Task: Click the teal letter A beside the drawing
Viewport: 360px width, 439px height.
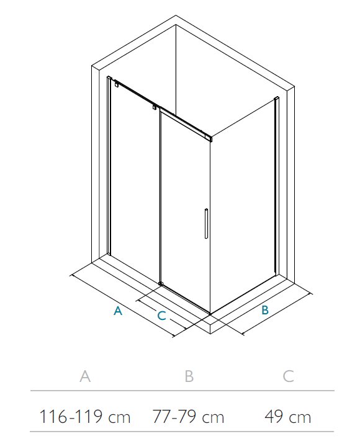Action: click(x=118, y=311)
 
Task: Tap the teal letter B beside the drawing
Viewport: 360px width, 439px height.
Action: click(x=265, y=310)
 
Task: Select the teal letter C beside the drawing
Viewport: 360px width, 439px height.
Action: click(x=161, y=316)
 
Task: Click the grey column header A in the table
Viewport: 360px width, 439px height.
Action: click(x=85, y=376)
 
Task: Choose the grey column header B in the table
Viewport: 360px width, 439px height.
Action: click(x=189, y=376)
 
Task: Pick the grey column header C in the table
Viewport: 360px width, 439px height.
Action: click(x=288, y=376)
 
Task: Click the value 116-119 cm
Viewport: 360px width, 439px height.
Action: click(x=85, y=417)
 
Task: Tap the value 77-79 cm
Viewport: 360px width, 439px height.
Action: click(x=188, y=417)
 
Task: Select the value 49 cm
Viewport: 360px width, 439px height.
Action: click(x=288, y=417)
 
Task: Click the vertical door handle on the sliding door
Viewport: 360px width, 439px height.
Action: click(x=206, y=223)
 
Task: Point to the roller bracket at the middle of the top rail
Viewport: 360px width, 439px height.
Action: click(x=154, y=108)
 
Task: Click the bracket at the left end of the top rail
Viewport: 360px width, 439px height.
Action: click(x=116, y=84)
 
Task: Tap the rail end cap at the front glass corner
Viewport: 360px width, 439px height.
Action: click(x=209, y=138)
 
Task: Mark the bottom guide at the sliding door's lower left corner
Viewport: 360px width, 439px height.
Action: click(x=161, y=283)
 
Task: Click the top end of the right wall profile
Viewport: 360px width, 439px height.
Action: click(x=276, y=98)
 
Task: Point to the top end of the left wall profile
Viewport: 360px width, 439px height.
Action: click(x=109, y=78)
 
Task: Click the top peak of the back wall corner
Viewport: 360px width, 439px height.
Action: click(x=176, y=16)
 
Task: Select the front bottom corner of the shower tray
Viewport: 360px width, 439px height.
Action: click(x=210, y=334)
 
